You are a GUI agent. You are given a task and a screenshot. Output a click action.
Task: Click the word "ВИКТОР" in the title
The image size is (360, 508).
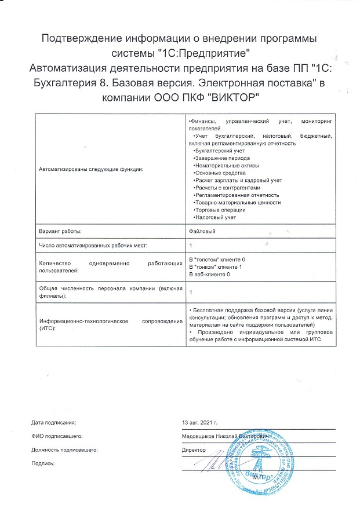[x=237, y=97]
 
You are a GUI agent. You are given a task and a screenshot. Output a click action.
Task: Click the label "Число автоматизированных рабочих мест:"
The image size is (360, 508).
[x=93, y=246]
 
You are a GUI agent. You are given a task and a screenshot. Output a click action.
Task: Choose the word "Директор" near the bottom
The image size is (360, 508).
[x=194, y=450]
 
